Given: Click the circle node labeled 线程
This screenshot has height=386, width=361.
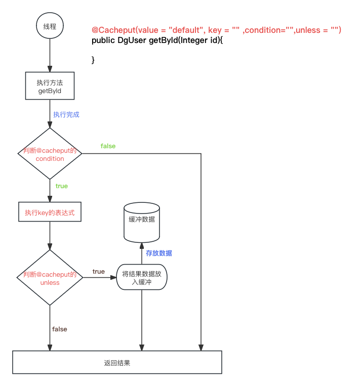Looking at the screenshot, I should (50, 25).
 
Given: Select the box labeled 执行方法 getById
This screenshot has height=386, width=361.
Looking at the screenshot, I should (50, 86).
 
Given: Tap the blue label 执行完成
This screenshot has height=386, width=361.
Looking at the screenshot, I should (66, 115).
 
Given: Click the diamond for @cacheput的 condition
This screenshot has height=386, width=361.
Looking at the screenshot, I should (50, 154).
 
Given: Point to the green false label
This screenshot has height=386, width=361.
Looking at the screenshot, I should (108, 146).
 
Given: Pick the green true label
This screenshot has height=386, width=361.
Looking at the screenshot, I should (61, 186).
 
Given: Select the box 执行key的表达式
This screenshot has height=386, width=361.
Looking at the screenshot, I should (50, 212).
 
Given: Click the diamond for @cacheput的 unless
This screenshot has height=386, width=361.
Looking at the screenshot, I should (50, 278).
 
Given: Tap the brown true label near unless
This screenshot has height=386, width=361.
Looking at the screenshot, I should (98, 272).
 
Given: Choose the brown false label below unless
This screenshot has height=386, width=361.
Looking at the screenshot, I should (60, 329).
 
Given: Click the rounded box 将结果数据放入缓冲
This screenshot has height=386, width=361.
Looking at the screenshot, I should (141, 277).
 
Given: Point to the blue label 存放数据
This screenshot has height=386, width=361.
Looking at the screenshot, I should (159, 253).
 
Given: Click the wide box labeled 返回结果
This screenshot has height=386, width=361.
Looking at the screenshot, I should (117, 362).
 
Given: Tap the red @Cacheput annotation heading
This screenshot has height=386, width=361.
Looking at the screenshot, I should (216, 30).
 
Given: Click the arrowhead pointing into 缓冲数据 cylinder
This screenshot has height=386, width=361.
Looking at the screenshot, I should (142, 246).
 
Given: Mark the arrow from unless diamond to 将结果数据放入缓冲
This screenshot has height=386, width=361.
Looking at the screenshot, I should (99, 277).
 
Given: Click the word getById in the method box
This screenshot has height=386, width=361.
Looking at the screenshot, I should (50, 92).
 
